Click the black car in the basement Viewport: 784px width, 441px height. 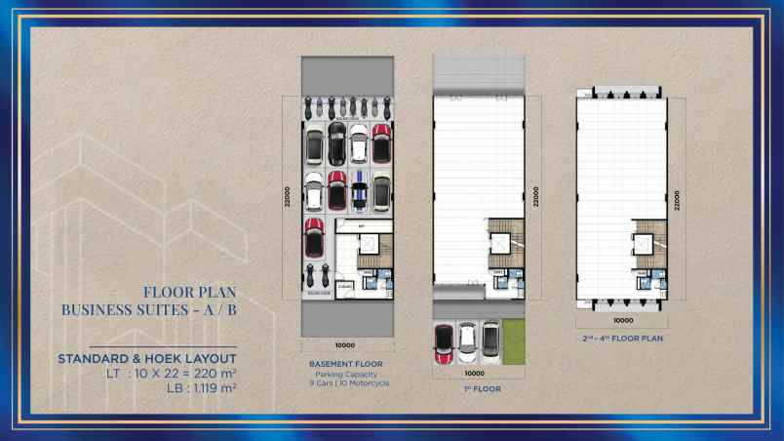click(x=336, y=142)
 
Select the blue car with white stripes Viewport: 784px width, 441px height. click(x=359, y=191)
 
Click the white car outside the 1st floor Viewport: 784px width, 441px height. click(x=467, y=339)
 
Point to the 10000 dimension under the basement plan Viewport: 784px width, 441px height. click(x=345, y=345)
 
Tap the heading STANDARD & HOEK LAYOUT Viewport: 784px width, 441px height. click(x=147, y=359)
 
